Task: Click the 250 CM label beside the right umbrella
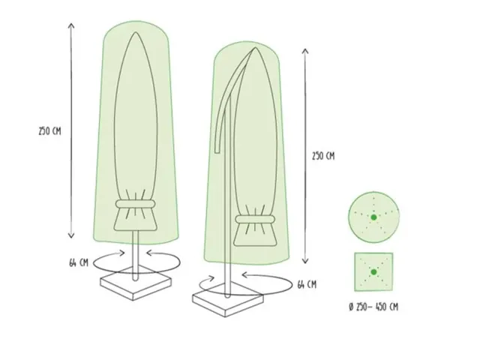323,156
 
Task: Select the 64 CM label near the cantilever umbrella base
306,284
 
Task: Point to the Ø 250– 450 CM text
373,307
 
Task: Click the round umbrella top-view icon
373,217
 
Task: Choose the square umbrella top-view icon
373,271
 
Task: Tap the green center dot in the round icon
373,217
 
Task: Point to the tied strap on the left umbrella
134,205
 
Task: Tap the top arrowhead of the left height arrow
72,24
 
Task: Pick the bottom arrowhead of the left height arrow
72,238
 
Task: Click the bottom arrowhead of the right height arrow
304,262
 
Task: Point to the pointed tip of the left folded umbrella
134,34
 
